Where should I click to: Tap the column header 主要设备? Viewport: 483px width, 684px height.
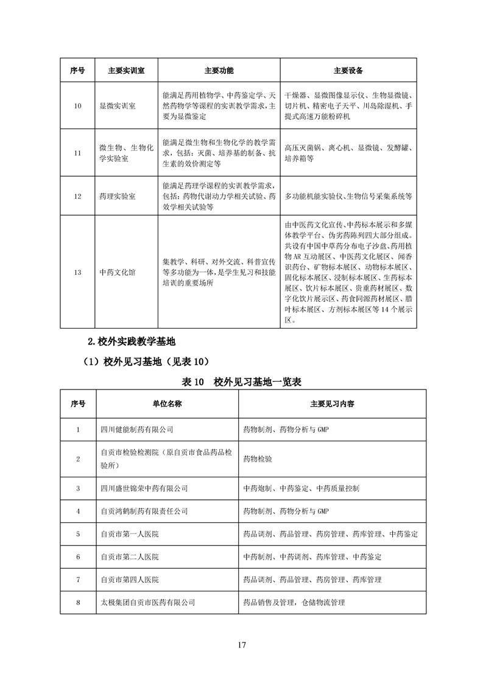click(348, 71)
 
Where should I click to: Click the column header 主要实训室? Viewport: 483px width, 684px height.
click(126, 71)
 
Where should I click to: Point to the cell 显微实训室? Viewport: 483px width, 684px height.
click(118, 105)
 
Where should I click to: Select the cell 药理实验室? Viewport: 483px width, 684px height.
click(118, 197)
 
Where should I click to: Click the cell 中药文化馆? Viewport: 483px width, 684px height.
click(118, 273)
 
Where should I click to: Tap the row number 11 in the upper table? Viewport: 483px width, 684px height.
click(77, 153)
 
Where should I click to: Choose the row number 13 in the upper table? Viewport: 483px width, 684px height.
click(77, 273)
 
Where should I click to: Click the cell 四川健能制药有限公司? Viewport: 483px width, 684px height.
click(136, 430)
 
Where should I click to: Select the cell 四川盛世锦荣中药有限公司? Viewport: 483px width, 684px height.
click(144, 488)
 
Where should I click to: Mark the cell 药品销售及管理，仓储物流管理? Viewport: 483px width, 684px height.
click(294, 602)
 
